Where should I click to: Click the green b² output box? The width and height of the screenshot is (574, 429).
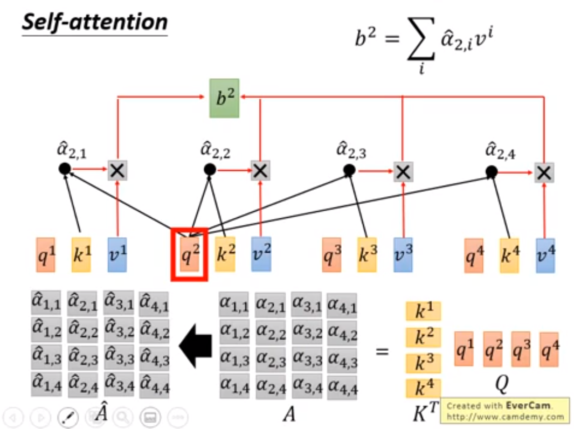(x=224, y=98)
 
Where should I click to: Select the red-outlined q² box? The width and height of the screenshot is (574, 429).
(x=189, y=254)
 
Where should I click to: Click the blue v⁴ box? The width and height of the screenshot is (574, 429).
(x=545, y=253)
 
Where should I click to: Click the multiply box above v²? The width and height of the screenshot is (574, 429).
(x=260, y=171)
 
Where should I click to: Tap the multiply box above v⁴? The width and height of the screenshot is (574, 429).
(x=544, y=172)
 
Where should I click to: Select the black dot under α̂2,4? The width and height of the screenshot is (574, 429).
(x=491, y=172)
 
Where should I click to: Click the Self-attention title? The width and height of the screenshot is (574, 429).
(x=94, y=23)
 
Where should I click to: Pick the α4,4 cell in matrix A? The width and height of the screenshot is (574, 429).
(x=342, y=386)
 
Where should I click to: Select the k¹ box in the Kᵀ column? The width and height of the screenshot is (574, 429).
(x=423, y=311)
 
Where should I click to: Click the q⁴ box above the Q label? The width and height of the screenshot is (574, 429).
(x=549, y=350)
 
